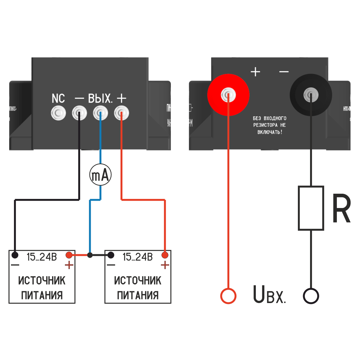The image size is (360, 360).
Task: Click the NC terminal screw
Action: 58,114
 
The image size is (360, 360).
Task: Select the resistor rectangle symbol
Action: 311,208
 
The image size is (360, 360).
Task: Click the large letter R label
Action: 341,209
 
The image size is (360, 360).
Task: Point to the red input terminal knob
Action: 228,95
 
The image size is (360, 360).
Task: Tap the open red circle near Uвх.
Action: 228,296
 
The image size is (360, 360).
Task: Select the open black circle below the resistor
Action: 311,296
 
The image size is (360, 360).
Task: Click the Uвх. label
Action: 269,295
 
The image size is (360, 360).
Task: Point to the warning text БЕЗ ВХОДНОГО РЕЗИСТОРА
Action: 270,125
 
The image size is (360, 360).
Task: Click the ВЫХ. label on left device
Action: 100,99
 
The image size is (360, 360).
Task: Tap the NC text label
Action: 58,99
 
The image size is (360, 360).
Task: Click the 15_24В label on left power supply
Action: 42,257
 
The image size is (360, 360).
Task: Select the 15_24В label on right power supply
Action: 138,257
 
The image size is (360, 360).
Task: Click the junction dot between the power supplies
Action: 90,255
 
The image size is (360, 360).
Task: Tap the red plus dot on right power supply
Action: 165,255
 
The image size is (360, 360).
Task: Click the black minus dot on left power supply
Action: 15,255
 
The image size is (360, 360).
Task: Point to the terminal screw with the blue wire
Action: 100,114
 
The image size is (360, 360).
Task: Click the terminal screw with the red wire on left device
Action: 121,114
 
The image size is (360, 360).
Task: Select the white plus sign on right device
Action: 255,72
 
